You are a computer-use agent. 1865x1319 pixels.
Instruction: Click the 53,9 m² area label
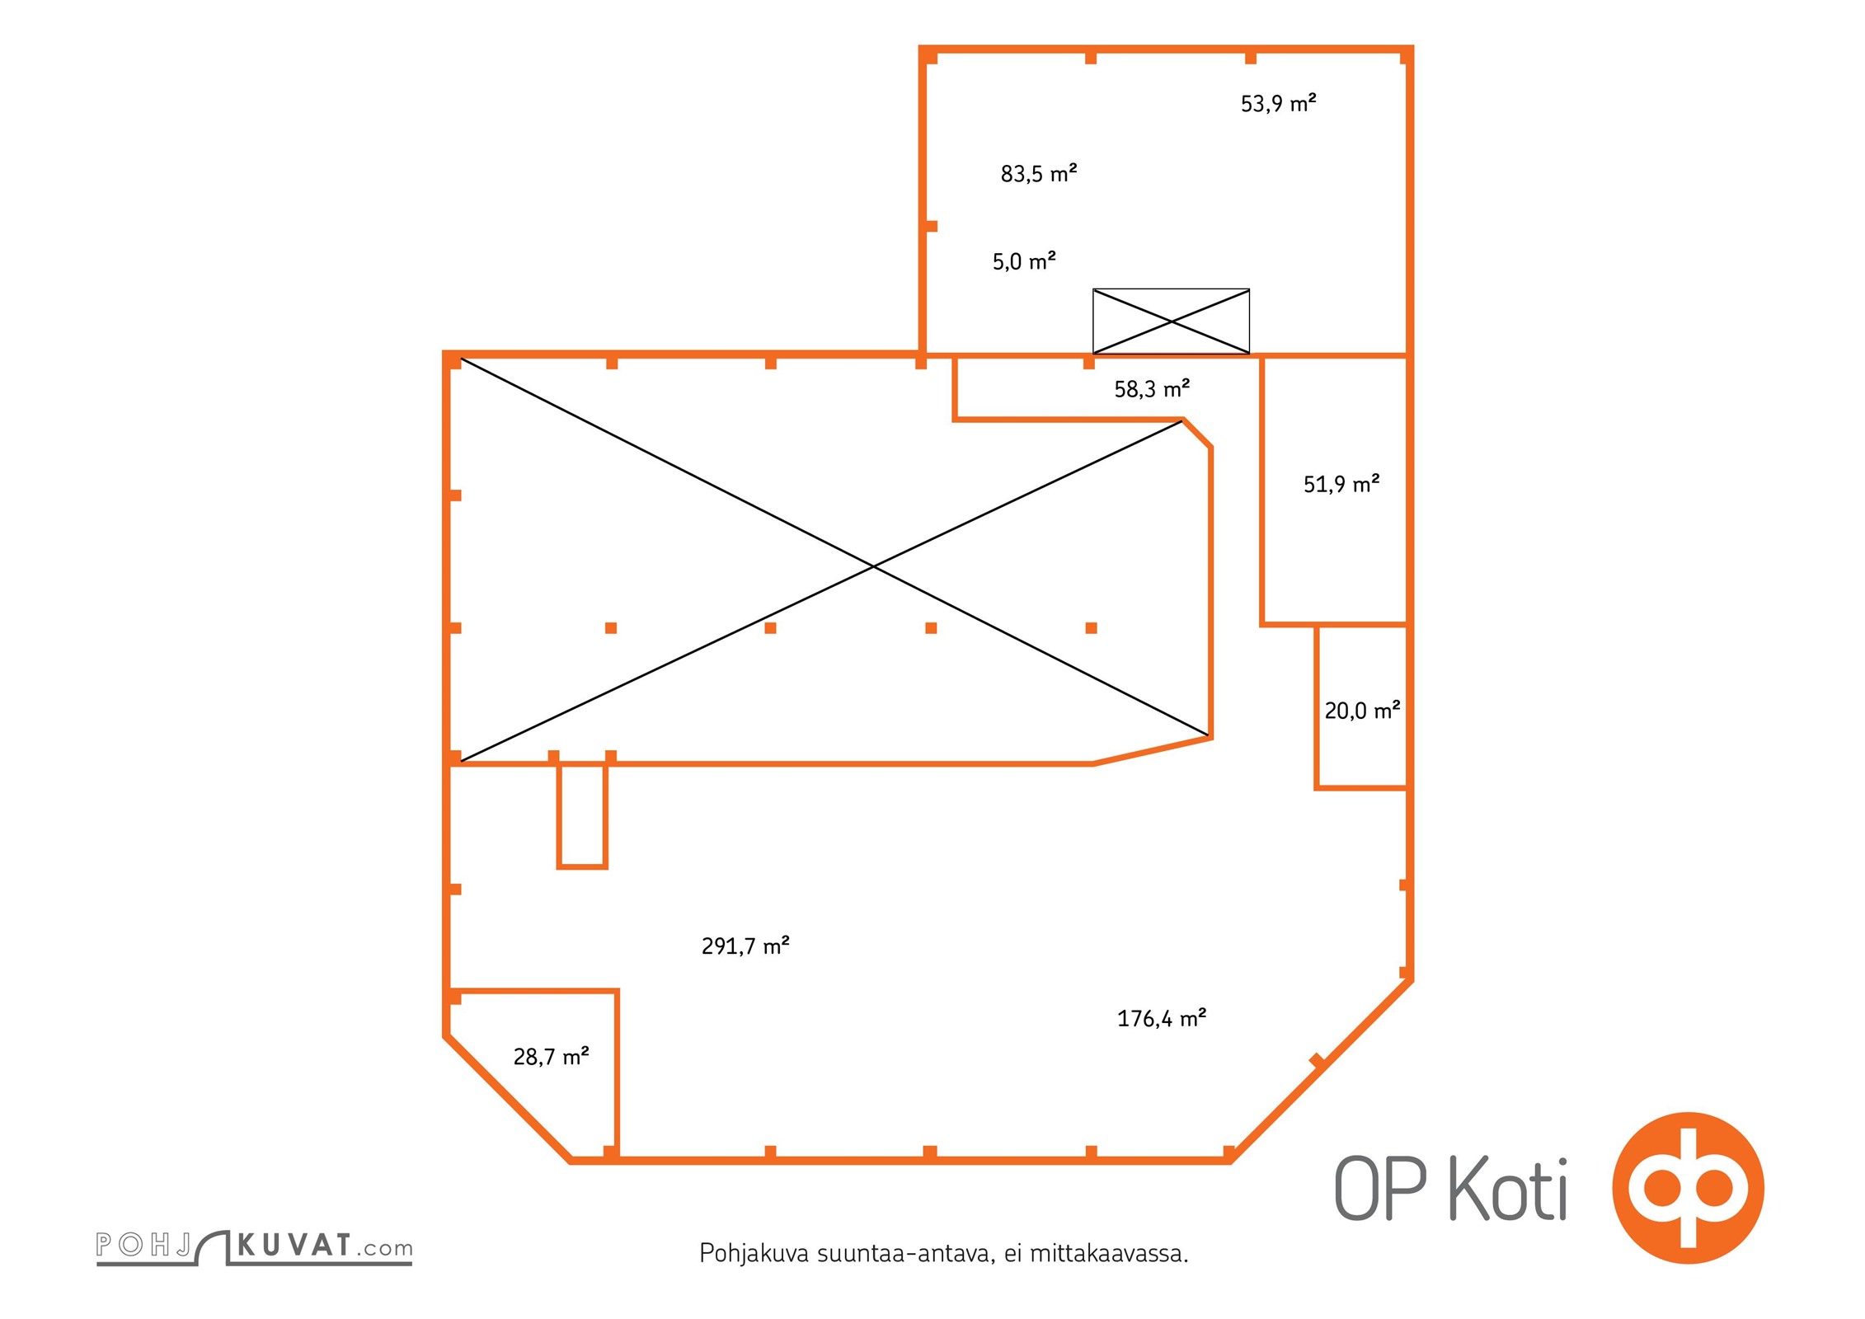point(1278,103)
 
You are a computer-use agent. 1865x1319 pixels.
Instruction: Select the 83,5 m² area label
point(1039,173)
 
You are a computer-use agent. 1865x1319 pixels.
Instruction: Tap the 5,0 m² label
point(1024,261)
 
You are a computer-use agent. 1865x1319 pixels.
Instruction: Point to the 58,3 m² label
point(1152,388)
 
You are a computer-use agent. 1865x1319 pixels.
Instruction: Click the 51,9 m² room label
point(1341,484)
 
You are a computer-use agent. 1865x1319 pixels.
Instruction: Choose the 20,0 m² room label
point(1362,710)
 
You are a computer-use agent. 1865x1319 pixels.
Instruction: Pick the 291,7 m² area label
point(745,946)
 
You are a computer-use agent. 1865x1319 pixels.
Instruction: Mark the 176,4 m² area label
point(1162,1018)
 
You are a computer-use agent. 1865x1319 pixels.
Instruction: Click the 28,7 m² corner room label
point(551,1056)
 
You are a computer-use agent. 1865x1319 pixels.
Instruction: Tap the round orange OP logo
point(1688,1188)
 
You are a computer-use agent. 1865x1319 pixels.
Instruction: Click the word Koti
point(1508,1189)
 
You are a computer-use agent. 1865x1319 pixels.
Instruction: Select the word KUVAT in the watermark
point(294,1245)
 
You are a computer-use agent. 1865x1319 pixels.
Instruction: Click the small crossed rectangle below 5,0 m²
point(1171,322)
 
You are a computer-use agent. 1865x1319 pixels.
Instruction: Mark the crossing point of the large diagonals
point(873,567)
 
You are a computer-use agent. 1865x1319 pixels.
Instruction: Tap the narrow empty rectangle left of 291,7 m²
point(582,815)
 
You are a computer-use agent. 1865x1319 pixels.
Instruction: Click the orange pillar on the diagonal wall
point(1317,1061)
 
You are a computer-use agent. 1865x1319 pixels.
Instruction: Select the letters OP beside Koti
point(1380,1189)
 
